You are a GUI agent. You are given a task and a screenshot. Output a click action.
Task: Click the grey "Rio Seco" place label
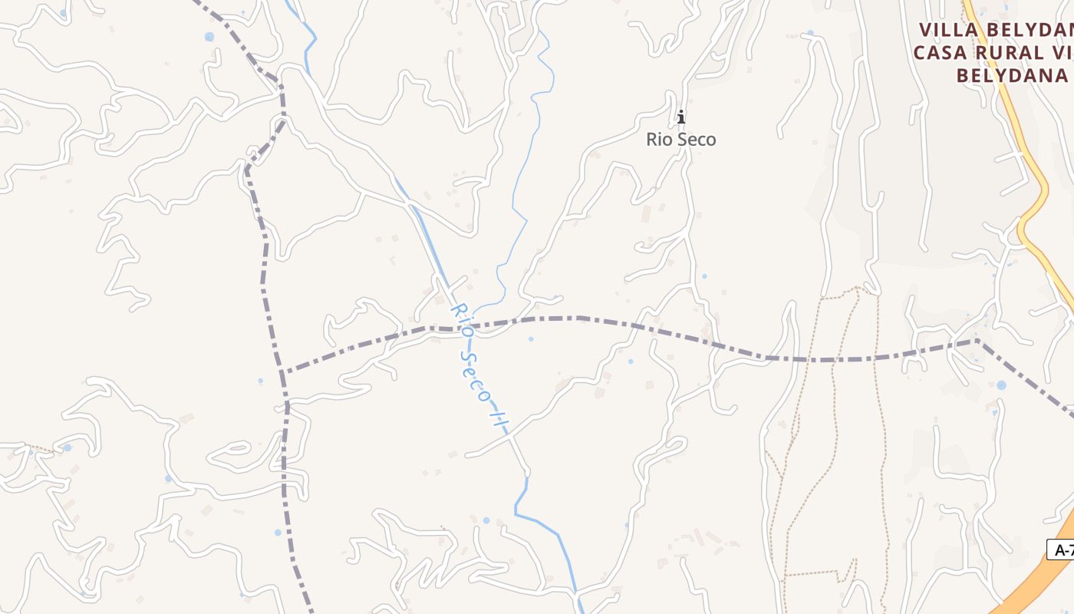(681, 140)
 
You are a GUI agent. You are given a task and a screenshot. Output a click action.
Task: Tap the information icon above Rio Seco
(680, 117)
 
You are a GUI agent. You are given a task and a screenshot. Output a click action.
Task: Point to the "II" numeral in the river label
(500, 421)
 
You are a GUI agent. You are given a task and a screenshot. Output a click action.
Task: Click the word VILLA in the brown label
(955, 30)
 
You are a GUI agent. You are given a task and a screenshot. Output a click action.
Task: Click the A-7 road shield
(1062, 550)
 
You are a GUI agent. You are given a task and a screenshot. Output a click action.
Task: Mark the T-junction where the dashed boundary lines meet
(282, 373)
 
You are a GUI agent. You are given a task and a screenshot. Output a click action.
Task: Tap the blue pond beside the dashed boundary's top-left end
(209, 37)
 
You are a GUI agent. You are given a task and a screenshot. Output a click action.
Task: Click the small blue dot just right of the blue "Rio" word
(530, 338)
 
